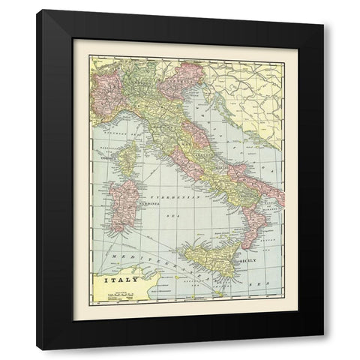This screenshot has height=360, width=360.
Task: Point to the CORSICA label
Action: coord(107,158)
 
